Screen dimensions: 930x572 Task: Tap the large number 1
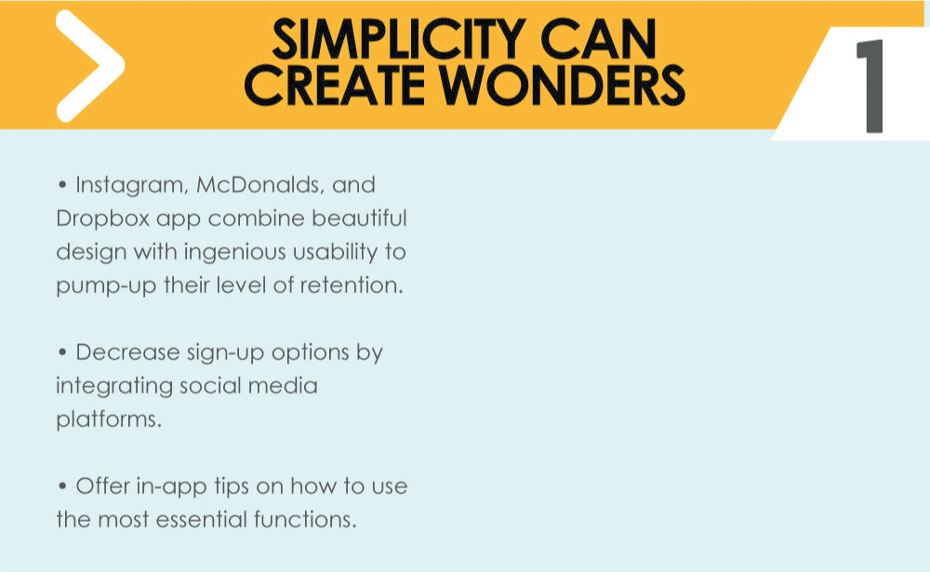[870, 86]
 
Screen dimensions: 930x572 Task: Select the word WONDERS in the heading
[563, 86]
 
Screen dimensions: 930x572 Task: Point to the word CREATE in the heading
[335, 86]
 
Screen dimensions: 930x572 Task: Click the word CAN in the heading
[598, 40]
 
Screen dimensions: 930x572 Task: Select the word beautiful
[359, 219]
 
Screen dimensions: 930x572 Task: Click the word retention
[352, 286]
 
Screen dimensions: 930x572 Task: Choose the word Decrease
[127, 353]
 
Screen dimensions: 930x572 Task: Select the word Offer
[102, 486]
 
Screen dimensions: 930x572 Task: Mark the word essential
[201, 520]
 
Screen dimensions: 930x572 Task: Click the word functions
[305, 519]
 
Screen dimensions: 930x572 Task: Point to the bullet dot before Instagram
[62, 185]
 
